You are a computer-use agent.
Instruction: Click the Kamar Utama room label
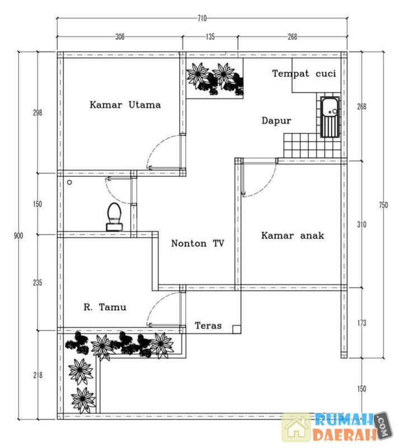click(x=125, y=105)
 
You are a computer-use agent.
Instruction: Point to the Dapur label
click(x=276, y=120)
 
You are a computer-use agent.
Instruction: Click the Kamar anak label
click(x=292, y=236)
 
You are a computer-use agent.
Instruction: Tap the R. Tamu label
click(x=105, y=307)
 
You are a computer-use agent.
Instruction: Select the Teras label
click(x=208, y=325)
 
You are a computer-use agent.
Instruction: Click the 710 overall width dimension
click(x=201, y=18)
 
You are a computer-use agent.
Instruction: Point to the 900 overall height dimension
click(x=18, y=236)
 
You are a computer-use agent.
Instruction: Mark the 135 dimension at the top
click(x=210, y=38)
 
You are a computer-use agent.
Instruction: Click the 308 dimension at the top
click(x=119, y=38)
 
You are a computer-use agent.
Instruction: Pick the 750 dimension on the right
click(x=383, y=205)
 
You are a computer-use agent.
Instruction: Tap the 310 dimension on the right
click(x=362, y=225)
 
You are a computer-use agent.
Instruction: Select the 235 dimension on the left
click(x=37, y=283)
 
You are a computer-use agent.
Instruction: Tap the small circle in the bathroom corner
click(x=69, y=183)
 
